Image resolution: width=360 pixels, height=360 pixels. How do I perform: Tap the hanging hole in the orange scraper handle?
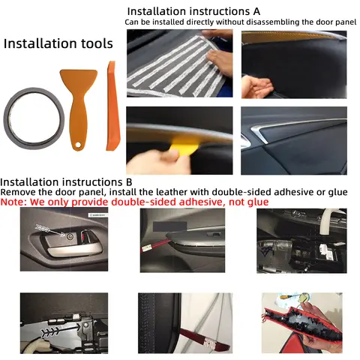(79, 145)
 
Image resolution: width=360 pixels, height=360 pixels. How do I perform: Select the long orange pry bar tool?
(112, 106)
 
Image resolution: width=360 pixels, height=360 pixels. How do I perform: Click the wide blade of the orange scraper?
(78, 80)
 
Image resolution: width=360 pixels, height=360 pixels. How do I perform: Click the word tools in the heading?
(94, 43)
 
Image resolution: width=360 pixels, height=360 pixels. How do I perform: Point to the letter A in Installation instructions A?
(256, 11)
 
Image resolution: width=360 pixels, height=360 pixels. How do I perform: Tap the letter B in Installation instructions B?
(129, 182)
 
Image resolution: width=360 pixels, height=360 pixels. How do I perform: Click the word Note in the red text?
(13, 202)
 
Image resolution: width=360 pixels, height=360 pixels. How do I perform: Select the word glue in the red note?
(257, 202)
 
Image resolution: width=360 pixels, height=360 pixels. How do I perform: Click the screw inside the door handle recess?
(69, 235)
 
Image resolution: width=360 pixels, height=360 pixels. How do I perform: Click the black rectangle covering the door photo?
(170, 226)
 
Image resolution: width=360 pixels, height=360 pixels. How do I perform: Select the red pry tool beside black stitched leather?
(205, 339)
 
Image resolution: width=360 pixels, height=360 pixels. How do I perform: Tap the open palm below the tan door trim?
(256, 85)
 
